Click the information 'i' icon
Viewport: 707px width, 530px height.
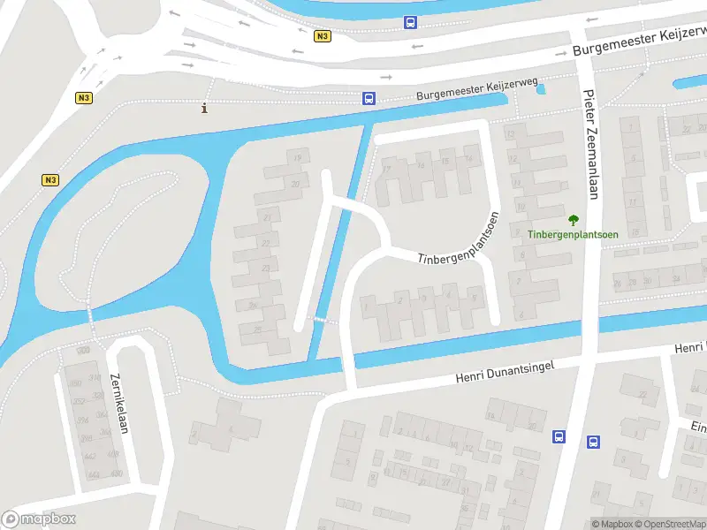click(205, 109)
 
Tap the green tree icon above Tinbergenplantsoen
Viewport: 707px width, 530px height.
click(573, 220)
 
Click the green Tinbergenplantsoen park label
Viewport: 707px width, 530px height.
click(573, 234)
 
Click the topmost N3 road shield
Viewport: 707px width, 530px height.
click(322, 36)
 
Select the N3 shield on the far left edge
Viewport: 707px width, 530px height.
click(50, 180)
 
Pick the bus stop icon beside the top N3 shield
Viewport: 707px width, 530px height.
click(410, 22)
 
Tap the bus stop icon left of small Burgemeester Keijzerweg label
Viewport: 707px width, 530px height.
click(369, 99)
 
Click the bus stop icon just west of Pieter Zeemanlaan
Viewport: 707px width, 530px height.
click(559, 436)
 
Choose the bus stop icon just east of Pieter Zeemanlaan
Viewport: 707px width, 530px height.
click(593, 442)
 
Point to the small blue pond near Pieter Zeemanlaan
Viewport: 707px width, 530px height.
click(541, 88)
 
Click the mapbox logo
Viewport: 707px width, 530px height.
click(39, 519)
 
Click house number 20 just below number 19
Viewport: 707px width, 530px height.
click(295, 184)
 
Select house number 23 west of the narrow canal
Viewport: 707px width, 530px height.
click(266, 269)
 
